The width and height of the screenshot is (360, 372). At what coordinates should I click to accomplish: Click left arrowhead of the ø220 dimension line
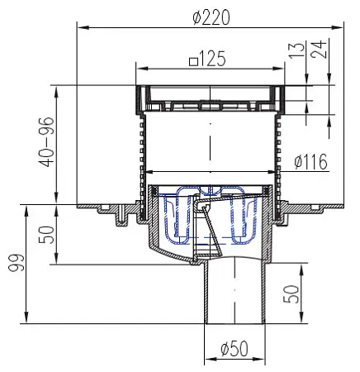80,27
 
